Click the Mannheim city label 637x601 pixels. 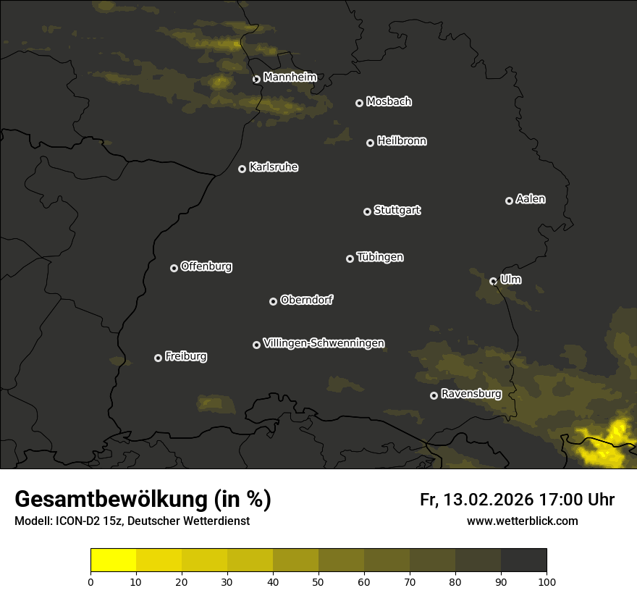pyautogui.click(x=290, y=77)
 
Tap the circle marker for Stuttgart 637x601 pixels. pyautogui.click(x=367, y=211)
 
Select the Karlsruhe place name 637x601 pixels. pyautogui.click(x=273, y=167)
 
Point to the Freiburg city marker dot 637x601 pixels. pyautogui.click(x=158, y=358)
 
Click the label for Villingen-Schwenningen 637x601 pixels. pyautogui.click(x=324, y=343)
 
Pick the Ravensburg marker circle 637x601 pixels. pyautogui.click(x=434, y=395)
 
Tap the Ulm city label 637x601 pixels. pyautogui.click(x=510, y=280)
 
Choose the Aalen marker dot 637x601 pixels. pyautogui.click(x=509, y=201)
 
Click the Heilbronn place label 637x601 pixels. pyautogui.click(x=402, y=141)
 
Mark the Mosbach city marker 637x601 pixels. pyautogui.click(x=359, y=103)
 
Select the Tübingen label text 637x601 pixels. pyautogui.click(x=380, y=257)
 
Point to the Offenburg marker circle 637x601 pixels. pyautogui.click(x=174, y=268)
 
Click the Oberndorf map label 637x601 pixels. pyautogui.click(x=306, y=300)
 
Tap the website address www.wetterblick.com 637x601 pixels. pyautogui.click(x=523, y=521)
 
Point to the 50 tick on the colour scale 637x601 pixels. pyautogui.click(x=318, y=581)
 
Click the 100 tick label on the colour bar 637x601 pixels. pyautogui.click(x=547, y=581)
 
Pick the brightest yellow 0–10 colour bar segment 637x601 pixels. pyautogui.click(x=114, y=560)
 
